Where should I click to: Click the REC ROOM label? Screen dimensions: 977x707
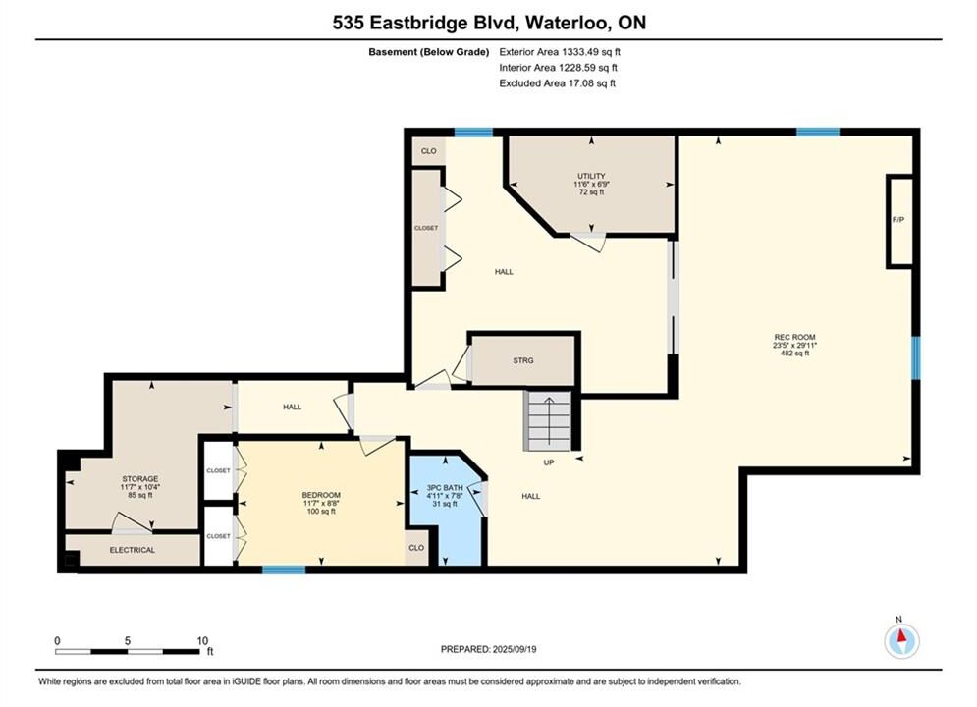click(794, 337)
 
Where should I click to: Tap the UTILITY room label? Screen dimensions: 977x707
click(591, 176)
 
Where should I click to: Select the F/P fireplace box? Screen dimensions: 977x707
click(898, 221)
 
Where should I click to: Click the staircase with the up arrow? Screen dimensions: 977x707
click(548, 420)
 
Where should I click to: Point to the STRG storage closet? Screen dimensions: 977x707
click(522, 360)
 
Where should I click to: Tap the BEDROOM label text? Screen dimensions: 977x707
click(321, 495)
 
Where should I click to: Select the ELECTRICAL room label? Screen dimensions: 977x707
click(133, 550)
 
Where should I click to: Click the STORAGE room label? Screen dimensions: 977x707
click(140, 479)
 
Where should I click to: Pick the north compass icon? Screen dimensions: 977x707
click(901, 639)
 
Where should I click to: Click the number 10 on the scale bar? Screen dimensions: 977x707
click(202, 640)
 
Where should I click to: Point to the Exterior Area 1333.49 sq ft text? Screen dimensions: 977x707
click(560, 52)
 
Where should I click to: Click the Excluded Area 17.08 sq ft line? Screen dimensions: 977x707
click(557, 82)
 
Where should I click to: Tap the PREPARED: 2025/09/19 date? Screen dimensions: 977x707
click(489, 649)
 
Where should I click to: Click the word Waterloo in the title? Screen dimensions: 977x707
click(567, 23)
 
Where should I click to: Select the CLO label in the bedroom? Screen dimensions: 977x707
click(416, 548)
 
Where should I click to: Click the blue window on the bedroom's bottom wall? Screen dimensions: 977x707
click(284, 570)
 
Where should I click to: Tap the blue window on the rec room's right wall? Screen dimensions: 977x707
click(915, 357)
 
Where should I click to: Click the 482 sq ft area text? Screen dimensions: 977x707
click(794, 353)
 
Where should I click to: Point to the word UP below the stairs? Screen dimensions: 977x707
click(548, 462)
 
